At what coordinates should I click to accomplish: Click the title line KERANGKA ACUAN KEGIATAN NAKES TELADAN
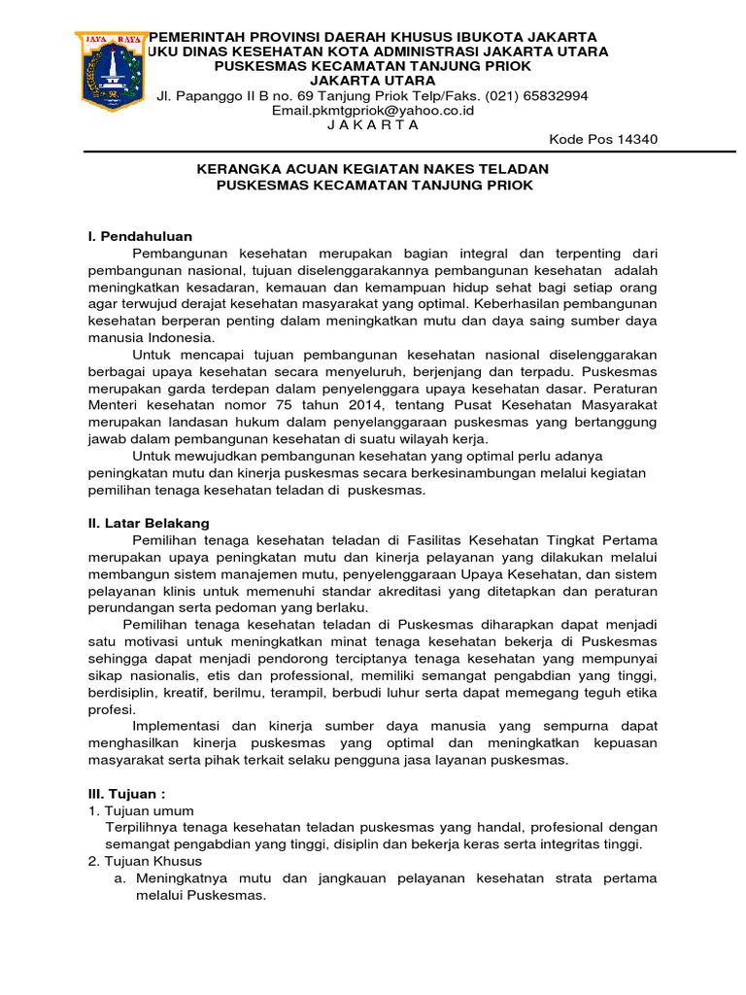point(373,168)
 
